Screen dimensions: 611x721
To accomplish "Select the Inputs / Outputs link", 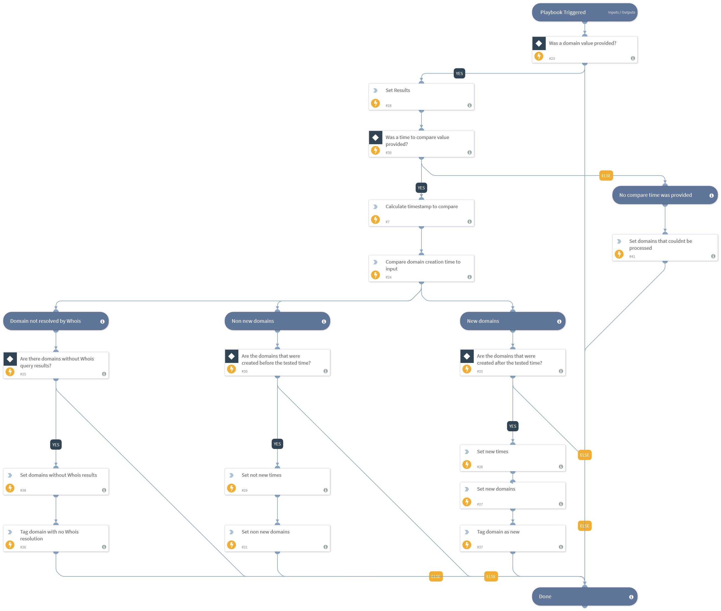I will (621, 12).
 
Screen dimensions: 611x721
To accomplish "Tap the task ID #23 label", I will (552, 58).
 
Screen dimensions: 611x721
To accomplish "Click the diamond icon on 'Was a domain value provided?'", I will (539, 43).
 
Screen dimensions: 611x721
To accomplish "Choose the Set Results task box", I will (421, 97).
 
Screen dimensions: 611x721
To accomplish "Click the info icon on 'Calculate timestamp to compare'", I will (469, 222).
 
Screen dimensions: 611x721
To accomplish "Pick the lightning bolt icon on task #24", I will (375, 275).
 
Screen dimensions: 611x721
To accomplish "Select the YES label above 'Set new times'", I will (513, 426).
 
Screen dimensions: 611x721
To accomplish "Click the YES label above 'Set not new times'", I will (277, 444).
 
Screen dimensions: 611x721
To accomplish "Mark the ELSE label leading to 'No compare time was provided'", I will (606, 176).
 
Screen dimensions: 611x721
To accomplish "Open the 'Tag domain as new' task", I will (513, 538).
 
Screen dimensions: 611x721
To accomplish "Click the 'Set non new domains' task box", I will (277, 538).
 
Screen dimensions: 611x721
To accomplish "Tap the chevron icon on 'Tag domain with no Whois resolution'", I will (10, 532).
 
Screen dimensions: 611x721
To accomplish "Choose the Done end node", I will (584, 596).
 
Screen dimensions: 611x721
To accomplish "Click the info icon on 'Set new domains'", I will (561, 504).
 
